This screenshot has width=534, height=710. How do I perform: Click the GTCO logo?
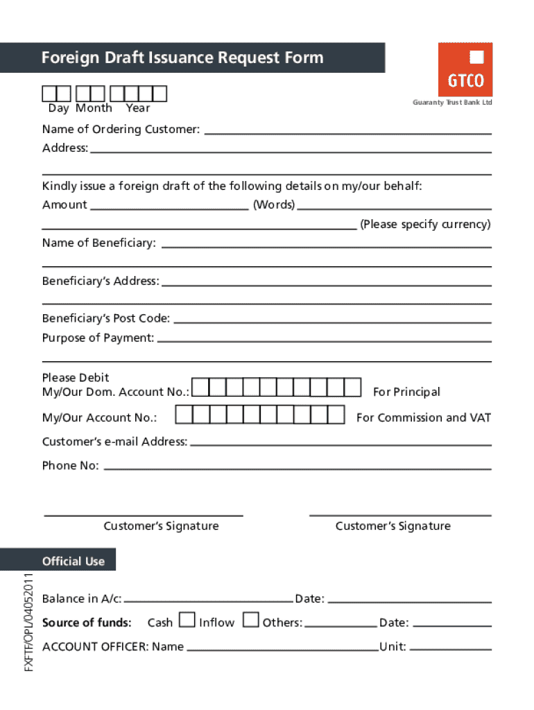pos(465,69)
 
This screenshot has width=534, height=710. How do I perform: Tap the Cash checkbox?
pos(186,619)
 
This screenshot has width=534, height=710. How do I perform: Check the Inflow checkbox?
pos(251,619)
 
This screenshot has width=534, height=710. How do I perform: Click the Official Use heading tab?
pos(73,561)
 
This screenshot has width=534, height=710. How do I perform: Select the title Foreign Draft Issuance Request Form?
pos(182,58)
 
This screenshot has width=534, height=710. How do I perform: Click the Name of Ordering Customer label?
pos(121,130)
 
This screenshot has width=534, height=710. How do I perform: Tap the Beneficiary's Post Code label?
pos(105,318)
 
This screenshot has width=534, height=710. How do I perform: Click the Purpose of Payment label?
pos(98,338)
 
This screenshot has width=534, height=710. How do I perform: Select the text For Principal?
pos(406,392)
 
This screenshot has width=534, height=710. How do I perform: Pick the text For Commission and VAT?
pos(423,417)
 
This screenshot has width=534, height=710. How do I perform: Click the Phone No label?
pos(70,465)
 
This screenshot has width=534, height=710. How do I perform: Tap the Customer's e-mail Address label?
pos(114,442)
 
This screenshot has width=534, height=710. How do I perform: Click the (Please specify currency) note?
pos(424,224)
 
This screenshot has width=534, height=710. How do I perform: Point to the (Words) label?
pos(274,205)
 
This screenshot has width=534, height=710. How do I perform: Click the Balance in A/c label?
pos(82,598)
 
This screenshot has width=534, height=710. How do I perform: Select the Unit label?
pos(393,647)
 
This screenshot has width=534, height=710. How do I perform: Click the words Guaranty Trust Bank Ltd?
pos(452,103)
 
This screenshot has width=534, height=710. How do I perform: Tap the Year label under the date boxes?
pos(138,108)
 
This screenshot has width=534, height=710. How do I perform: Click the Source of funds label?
pos(87,623)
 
